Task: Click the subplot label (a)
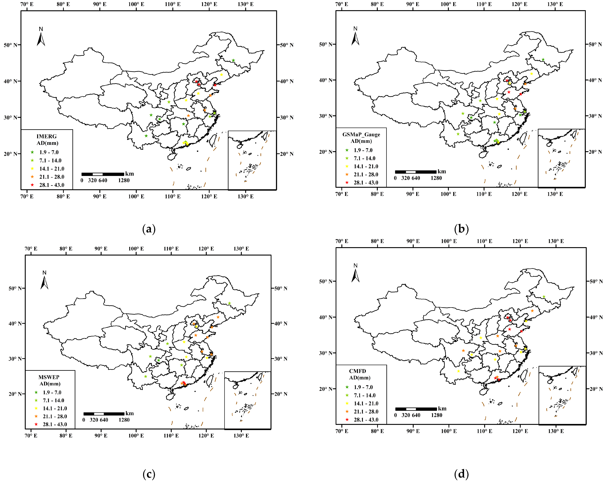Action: coord(149,229)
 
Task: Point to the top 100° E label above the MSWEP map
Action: coord(136,249)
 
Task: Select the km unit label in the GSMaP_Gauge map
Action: coord(442,172)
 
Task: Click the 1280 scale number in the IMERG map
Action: coord(124,180)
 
